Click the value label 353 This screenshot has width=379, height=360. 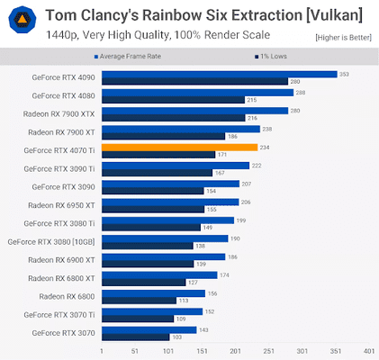point(343,74)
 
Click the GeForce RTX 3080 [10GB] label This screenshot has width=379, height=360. point(51,241)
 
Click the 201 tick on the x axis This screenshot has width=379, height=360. point(236,351)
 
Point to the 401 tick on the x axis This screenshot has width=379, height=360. point(369,351)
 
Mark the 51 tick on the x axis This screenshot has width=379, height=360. point(135,351)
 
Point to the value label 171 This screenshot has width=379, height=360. point(222,155)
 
